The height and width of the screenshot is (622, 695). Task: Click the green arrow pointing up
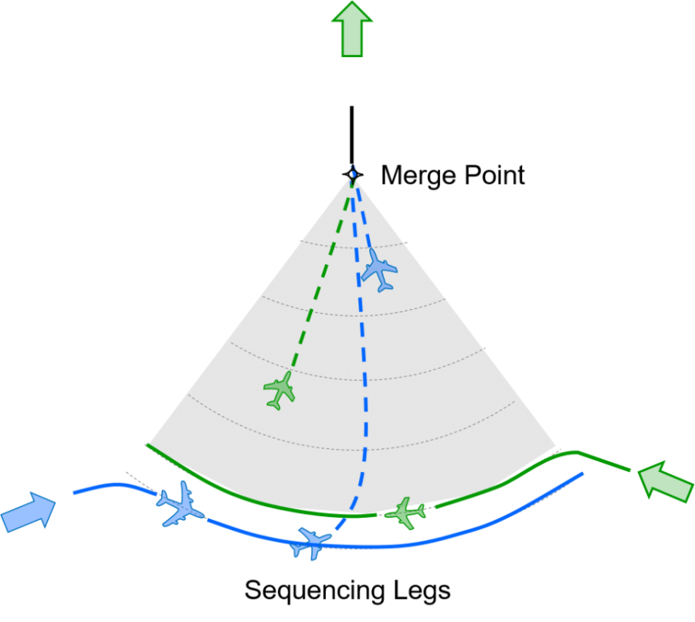pyautogui.click(x=352, y=30)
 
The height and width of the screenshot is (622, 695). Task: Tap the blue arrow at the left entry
pyautogui.click(x=29, y=512)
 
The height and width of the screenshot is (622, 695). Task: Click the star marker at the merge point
pyautogui.click(x=353, y=175)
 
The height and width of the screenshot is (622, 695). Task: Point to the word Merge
pyautogui.click(x=419, y=175)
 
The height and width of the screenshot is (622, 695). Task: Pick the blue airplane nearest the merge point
pyautogui.click(x=379, y=270)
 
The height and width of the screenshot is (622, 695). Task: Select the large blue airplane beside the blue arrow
pyautogui.click(x=181, y=504)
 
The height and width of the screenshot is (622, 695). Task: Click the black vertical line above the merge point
pyautogui.click(x=352, y=135)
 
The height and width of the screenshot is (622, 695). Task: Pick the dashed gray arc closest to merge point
pyautogui.click(x=353, y=247)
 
